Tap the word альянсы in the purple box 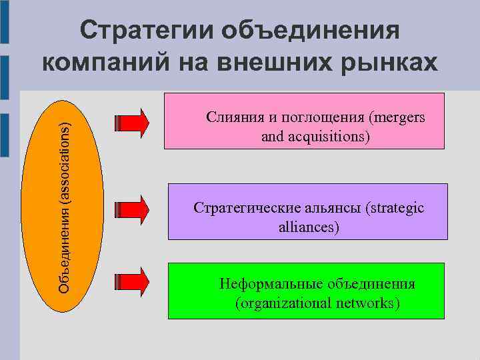coord(331,209)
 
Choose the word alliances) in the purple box coord(309,227)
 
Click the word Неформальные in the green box coord(271,285)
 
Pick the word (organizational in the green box coord(283,304)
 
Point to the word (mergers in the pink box coord(396,119)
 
